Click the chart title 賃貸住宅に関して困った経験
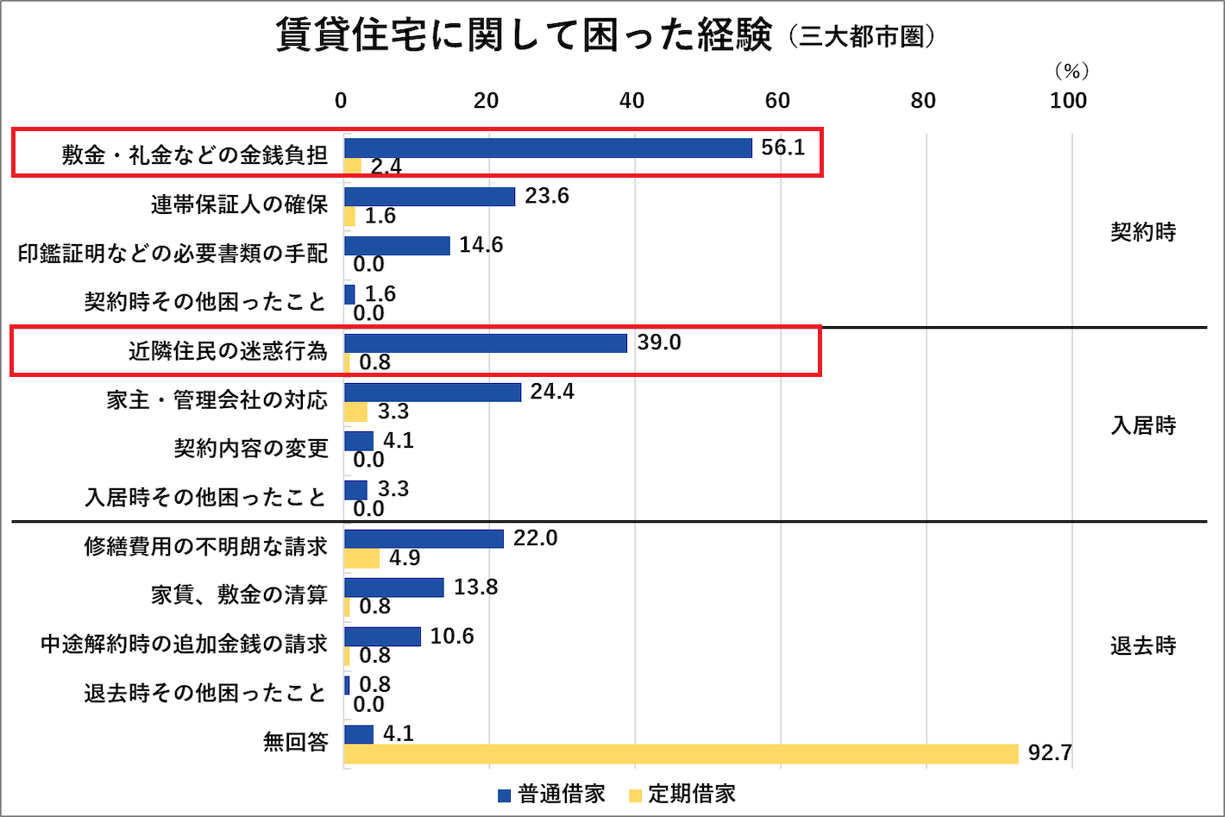coord(523,35)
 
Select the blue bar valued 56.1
coord(548,148)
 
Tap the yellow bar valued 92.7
coord(681,754)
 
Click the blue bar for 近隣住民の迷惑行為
coord(486,343)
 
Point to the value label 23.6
coord(547,197)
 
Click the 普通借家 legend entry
coord(552,795)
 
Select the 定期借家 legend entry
coord(682,795)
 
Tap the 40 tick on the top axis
coord(631,101)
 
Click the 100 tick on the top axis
coord(1068,101)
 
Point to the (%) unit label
coord(1071,72)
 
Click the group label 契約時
coord(1143,232)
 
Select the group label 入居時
coord(1143,425)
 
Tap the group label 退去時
coord(1143,646)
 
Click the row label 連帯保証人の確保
coord(239,204)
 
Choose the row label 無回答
coord(295,742)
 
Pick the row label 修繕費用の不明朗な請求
coord(205,547)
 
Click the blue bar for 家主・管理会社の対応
coord(433,393)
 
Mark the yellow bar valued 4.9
coord(362,559)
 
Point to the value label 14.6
coord(481,246)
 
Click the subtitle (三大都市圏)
coord(861,37)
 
